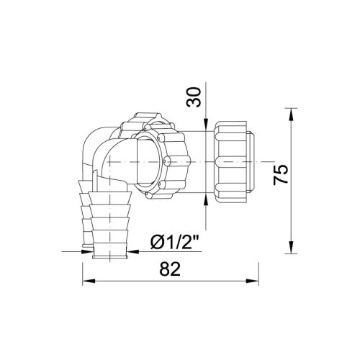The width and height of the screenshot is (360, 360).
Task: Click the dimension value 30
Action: [194, 97]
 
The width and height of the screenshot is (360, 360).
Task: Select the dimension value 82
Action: [170, 269]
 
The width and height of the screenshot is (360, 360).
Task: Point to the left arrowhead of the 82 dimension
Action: [89, 281]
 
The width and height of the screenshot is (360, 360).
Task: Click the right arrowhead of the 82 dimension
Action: [252, 281]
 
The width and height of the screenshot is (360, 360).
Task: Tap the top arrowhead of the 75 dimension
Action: [291, 114]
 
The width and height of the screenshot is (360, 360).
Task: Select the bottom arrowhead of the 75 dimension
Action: [291, 247]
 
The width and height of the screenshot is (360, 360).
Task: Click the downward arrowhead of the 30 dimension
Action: [206, 125]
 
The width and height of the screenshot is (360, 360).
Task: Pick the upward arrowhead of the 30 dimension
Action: [206, 199]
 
